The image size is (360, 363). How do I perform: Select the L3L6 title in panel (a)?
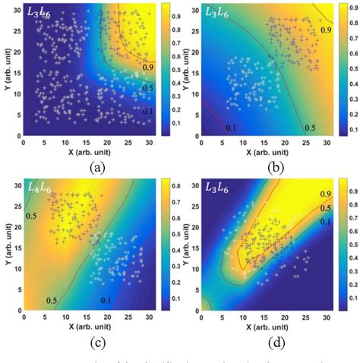(x=39, y=12)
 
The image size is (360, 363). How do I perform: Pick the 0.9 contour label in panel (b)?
(x=325, y=30)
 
